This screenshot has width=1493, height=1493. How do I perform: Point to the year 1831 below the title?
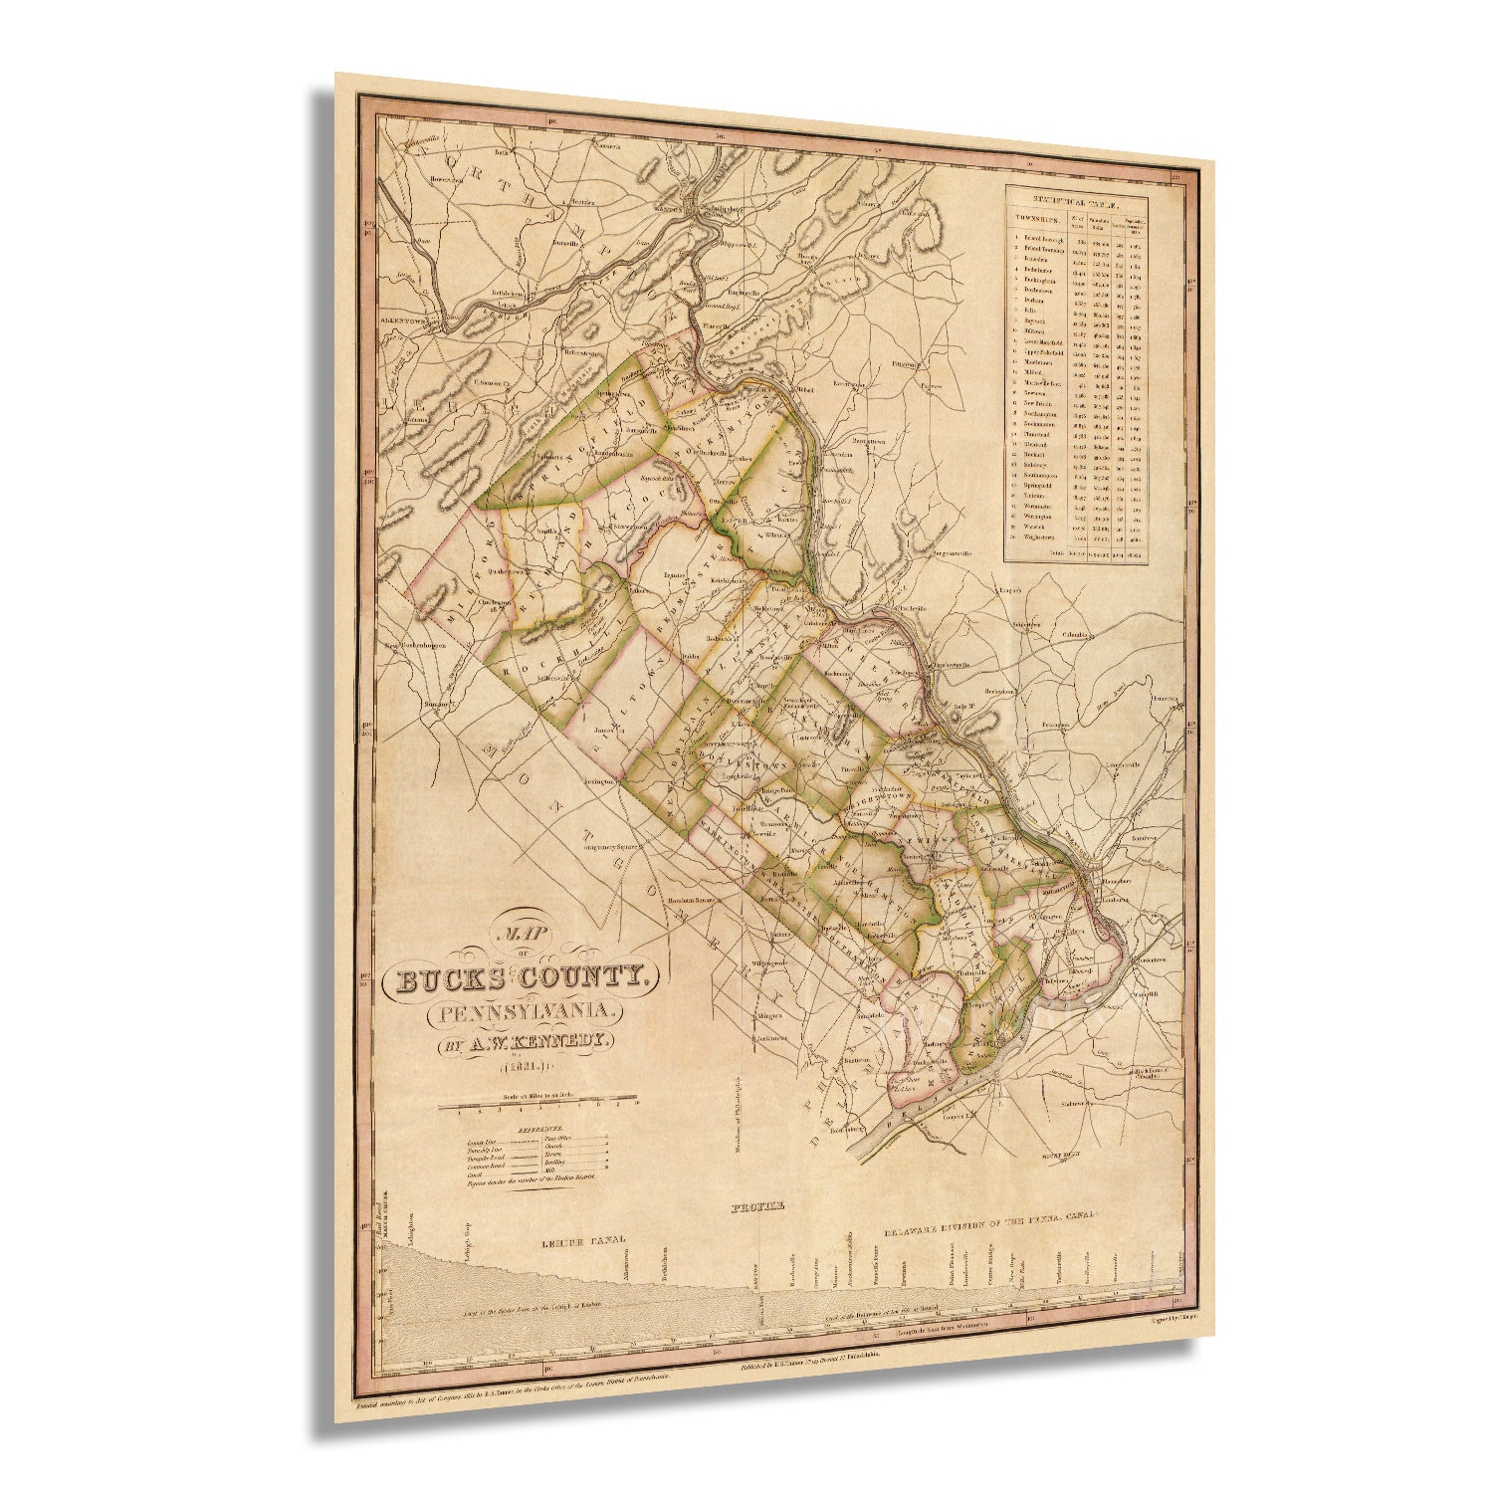[524, 1068]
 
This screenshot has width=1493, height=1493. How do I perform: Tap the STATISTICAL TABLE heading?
[1076, 197]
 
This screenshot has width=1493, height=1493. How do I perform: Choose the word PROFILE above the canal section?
[757, 1205]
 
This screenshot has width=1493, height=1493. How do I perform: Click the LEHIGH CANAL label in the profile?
[582, 1240]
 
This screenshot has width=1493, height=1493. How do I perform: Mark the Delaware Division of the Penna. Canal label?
[989, 1221]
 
